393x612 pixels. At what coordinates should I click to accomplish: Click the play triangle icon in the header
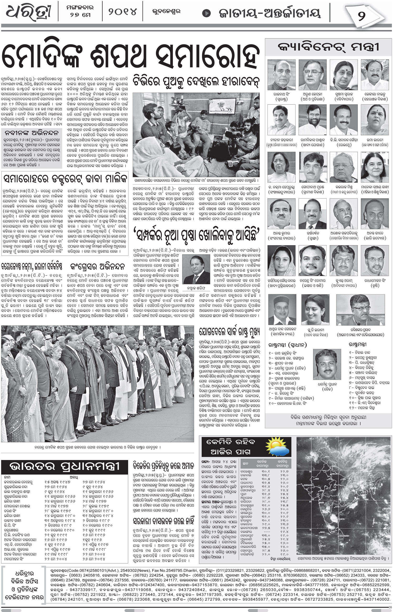(x=207, y=13)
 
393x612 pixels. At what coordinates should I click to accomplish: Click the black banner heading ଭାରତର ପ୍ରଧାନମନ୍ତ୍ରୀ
(x=65, y=467)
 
